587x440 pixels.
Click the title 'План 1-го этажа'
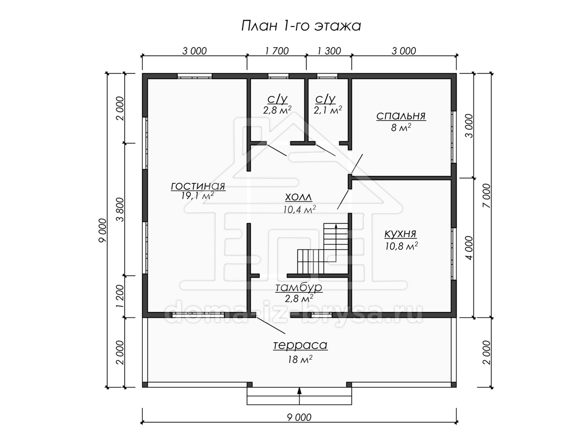pyautogui.click(x=301, y=26)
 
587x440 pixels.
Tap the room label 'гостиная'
pyautogui.click(x=198, y=186)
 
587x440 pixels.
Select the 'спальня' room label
pyautogui.click(x=401, y=116)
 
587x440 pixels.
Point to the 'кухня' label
pyautogui.click(x=400, y=234)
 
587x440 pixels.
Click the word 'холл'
pyautogui.click(x=298, y=198)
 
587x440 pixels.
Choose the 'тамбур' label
pyautogui.click(x=299, y=288)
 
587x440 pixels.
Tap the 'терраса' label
pyautogui.click(x=300, y=345)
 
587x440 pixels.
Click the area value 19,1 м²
pyautogui.click(x=197, y=196)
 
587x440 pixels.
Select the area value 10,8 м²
pyautogui.click(x=402, y=246)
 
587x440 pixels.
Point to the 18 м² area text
pyautogui.click(x=300, y=359)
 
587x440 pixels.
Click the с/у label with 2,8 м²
pyautogui.click(x=277, y=99)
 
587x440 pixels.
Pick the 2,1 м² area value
pyautogui.click(x=328, y=110)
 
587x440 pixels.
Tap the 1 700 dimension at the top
pyautogui.click(x=277, y=51)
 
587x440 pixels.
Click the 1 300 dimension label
pyautogui.click(x=329, y=51)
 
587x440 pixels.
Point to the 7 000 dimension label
pyautogui.click(x=487, y=196)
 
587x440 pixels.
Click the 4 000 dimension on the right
pyautogui.click(x=469, y=248)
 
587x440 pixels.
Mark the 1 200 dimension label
pyautogui.click(x=121, y=296)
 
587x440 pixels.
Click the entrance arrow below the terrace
pyautogui.click(x=299, y=396)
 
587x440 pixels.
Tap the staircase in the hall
pyautogui.click(x=323, y=248)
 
